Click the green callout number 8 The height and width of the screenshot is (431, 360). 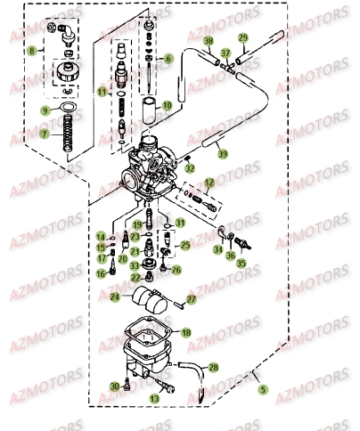click(33, 53)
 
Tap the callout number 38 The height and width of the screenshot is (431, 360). click(208, 42)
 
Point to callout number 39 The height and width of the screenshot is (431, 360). click(223, 153)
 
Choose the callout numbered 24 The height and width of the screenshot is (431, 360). click(114, 298)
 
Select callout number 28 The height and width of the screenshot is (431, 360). click(213, 367)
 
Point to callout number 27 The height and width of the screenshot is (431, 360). click(191, 300)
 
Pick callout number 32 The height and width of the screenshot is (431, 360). click(190, 167)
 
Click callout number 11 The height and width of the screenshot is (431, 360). click(102, 91)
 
